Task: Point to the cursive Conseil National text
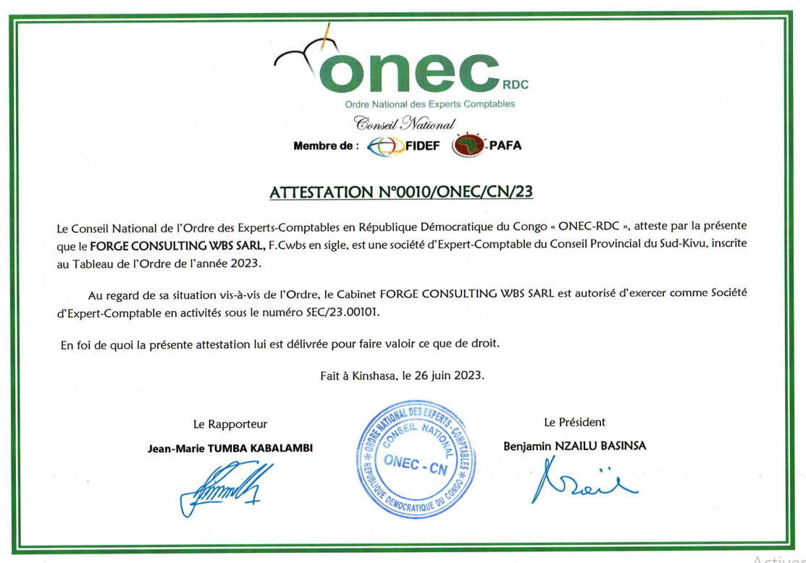[x=404, y=124]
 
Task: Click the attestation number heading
[x=402, y=192]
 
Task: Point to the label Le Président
[x=574, y=422]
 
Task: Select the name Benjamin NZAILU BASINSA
[x=574, y=446]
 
